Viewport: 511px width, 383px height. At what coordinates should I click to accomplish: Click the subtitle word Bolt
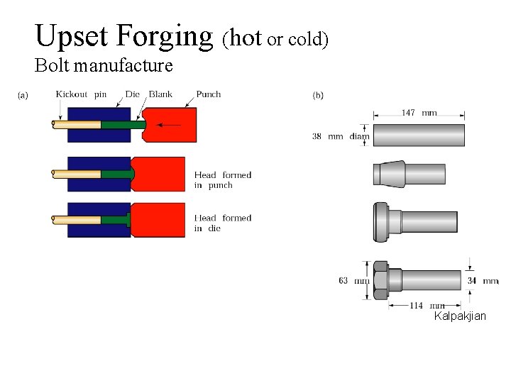(51, 67)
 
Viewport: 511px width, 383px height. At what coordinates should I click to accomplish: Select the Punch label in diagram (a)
(208, 94)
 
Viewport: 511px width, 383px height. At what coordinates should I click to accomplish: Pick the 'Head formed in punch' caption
(223, 179)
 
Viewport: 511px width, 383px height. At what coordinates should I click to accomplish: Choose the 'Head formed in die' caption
(223, 223)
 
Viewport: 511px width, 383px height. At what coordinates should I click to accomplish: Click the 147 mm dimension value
(419, 113)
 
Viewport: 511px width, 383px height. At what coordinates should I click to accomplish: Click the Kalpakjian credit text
(460, 316)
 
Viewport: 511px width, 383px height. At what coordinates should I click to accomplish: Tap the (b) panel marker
(318, 95)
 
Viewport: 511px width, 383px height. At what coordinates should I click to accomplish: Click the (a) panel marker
(23, 95)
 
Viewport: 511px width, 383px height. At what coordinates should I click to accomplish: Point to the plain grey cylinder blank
(419, 135)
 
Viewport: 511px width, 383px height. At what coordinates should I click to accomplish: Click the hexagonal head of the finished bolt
(380, 279)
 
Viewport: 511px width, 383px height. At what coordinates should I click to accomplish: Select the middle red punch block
(158, 174)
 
